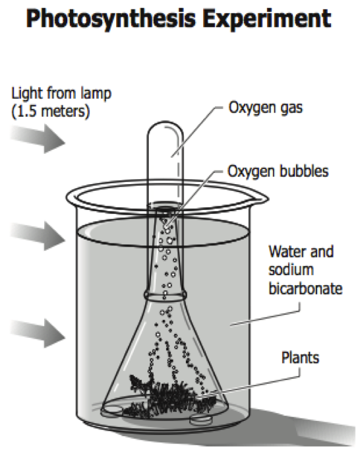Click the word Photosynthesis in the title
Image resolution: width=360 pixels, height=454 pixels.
tap(111, 19)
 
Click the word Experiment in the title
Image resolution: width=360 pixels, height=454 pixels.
tap(267, 18)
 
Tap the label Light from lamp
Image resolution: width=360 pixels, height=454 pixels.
tap(61, 94)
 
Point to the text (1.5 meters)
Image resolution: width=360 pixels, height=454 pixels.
tap(51, 112)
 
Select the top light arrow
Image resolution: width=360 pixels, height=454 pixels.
tap(38, 139)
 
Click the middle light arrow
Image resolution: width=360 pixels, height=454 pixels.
tap(38, 236)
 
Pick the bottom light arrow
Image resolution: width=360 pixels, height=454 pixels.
tap(38, 333)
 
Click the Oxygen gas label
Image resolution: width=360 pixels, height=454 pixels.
tap(265, 108)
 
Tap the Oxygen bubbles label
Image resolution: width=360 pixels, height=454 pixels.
tap(278, 171)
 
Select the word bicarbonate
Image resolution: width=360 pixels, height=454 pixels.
tap(305, 288)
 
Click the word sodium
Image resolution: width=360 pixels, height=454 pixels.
tap(291, 270)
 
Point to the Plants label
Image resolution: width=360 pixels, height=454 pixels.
tap(301, 358)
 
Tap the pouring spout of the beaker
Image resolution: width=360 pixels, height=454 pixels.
tap(260, 199)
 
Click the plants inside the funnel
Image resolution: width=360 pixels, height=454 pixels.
tap(171, 397)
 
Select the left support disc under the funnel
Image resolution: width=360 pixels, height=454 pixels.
tap(111, 409)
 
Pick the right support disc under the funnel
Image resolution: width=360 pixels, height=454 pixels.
tap(201, 418)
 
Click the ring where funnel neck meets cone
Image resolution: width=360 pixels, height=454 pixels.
tap(165, 296)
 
